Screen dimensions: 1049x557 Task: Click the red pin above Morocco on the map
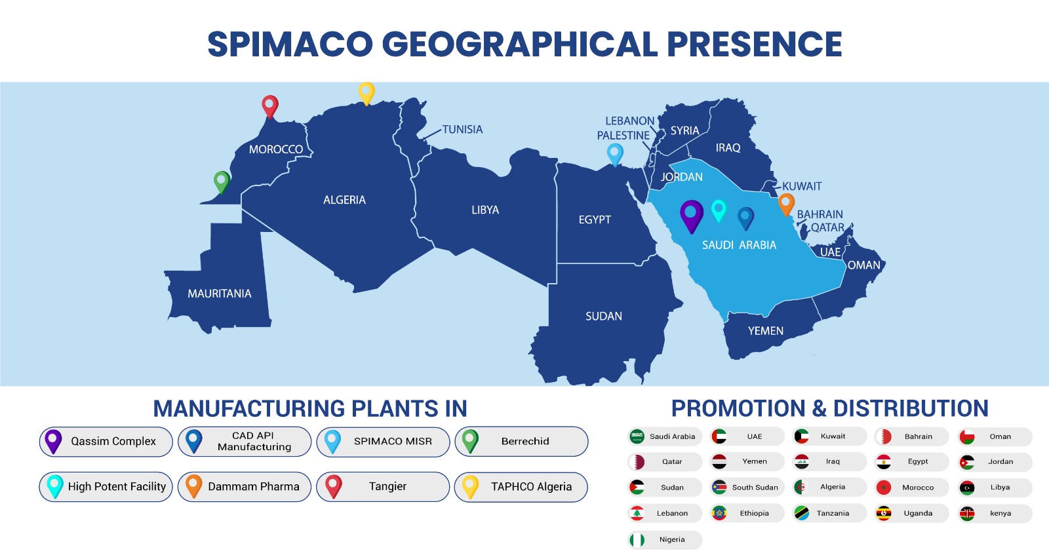(269, 106)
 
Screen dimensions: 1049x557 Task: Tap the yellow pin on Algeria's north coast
(366, 93)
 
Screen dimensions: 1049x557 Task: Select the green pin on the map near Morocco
(222, 182)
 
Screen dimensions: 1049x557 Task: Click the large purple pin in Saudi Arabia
(692, 216)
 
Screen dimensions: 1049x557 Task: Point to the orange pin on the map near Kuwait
(786, 204)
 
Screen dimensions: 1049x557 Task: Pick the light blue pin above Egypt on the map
(615, 155)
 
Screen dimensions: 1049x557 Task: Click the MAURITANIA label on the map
(220, 294)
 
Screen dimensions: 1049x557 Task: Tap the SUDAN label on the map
(604, 317)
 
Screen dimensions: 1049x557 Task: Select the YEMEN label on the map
(765, 331)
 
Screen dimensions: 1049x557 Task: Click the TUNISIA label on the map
(462, 129)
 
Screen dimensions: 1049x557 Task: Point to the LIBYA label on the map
(485, 210)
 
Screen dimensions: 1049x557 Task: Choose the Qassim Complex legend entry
(106, 442)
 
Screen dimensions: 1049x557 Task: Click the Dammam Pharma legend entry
(245, 487)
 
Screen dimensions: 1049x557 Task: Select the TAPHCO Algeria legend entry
(521, 487)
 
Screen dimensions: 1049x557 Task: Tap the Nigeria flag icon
(637, 540)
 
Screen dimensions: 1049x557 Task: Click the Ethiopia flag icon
(719, 514)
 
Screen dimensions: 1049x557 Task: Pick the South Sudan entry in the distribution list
(747, 488)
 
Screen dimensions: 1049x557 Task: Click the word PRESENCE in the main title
(755, 44)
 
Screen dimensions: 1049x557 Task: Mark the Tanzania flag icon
(802, 514)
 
